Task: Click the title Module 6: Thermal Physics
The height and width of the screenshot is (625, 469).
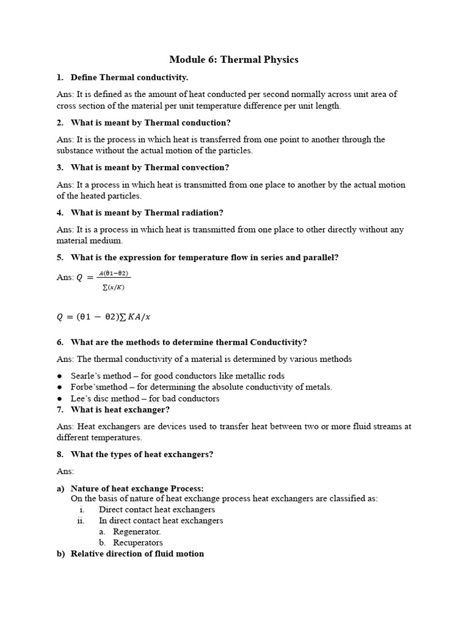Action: pyautogui.click(x=234, y=59)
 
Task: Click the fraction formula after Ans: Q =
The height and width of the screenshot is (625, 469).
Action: pyautogui.click(x=114, y=281)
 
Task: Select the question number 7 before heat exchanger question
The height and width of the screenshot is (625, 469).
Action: pyautogui.click(x=60, y=410)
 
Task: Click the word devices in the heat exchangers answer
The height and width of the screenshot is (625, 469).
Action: pyautogui.click(x=161, y=427)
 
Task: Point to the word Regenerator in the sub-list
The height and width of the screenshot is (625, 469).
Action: pyautogui.click(x=137, y=532)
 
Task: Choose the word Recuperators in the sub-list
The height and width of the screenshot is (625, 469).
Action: pyautogui.click(x=138, y=543)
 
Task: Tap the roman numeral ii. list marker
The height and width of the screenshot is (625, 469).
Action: pyautogui.click(x=81, y=521)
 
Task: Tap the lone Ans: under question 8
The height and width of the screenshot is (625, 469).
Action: pyautogui.click(x=65, y=471)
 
